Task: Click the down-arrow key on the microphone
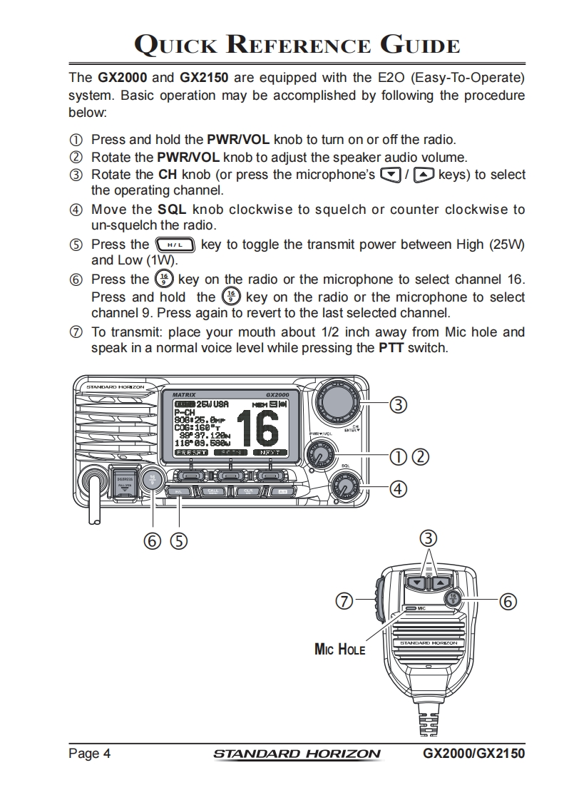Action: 416,582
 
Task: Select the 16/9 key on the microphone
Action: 453,599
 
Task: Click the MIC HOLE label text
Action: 339,649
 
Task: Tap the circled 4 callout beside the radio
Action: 398,489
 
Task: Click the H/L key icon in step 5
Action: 175,245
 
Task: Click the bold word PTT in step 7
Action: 391,348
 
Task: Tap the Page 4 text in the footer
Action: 89,754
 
